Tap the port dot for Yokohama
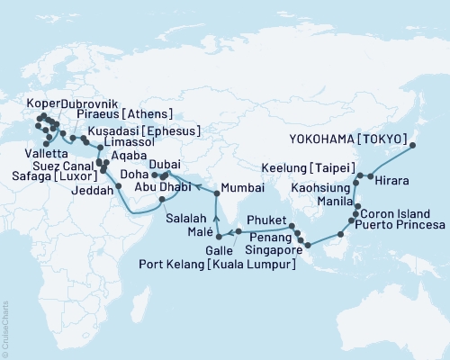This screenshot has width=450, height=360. pyautogui.click(x=413, y=144)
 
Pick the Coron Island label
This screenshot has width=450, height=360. pyautogui.click(x=398, y=214)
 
